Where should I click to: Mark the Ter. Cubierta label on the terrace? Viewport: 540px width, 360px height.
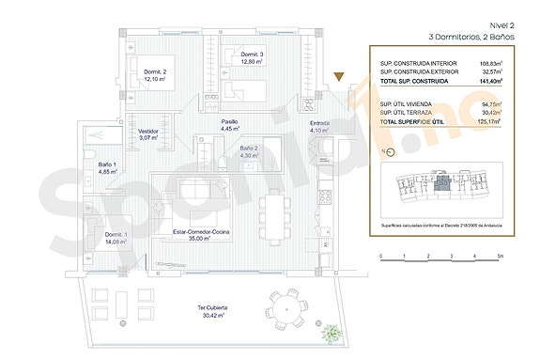(212, 311)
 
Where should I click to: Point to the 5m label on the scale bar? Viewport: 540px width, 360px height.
(500, 256)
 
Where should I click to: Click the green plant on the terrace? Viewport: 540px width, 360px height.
(331, 333)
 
